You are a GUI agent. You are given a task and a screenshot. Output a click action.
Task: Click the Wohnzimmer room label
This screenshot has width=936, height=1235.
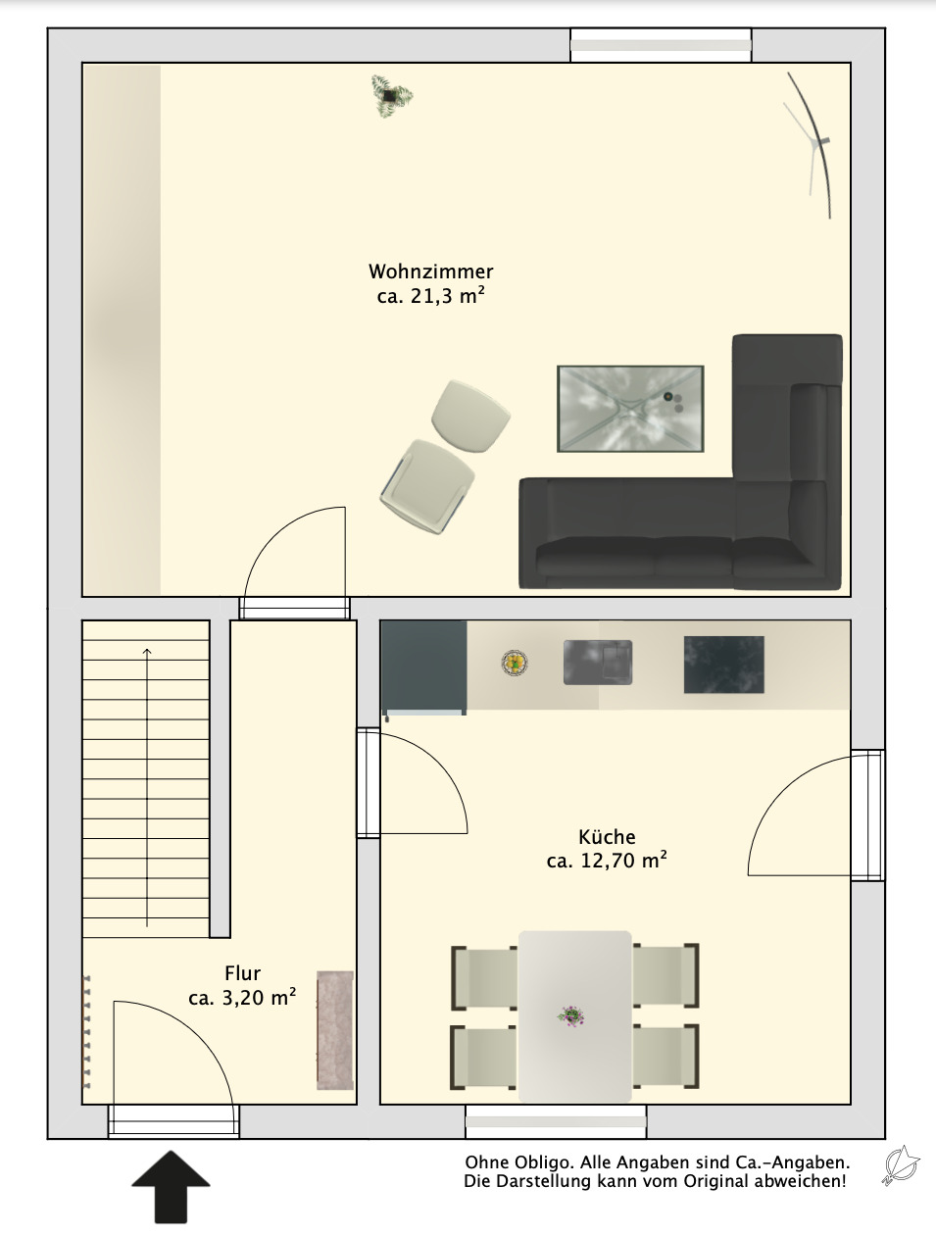coord(431,272)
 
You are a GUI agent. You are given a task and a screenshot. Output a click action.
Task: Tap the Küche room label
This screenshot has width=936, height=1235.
coord(607,837)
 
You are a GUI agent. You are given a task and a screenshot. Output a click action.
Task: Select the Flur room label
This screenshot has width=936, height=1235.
coord(242,973)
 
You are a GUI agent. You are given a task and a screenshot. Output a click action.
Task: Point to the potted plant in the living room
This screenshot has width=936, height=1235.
coord(391,96)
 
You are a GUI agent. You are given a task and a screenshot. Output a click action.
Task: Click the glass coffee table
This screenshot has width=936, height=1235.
coord(630,409)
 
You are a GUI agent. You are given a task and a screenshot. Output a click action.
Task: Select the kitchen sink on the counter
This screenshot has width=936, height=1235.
coord(598,663)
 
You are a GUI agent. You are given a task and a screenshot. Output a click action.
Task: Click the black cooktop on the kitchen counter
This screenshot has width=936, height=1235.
coord(723,665)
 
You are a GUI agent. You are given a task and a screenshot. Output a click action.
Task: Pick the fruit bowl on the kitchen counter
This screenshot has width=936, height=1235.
coord(515,663)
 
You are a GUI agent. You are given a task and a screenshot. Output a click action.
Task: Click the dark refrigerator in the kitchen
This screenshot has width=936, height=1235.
coord(424,667)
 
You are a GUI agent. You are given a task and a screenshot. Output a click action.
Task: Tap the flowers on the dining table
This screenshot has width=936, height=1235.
coord(571,1016)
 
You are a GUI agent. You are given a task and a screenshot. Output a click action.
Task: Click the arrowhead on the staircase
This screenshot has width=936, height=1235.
coord(147,652)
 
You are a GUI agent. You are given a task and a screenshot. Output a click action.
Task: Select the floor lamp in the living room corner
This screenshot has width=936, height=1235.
coord(809,145)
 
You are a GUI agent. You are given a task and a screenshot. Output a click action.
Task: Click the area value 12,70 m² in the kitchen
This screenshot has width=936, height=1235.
coord(623,861)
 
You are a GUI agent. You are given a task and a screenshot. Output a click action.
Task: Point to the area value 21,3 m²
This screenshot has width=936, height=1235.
coord(447,295)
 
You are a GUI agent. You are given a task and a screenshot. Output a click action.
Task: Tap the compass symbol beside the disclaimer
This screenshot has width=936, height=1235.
coord(900,1165)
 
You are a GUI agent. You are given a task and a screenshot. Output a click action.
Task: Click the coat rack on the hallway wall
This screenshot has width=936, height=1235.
coord(86,1032)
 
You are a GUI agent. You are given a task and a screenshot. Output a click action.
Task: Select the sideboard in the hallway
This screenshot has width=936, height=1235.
coord(334,1030)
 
